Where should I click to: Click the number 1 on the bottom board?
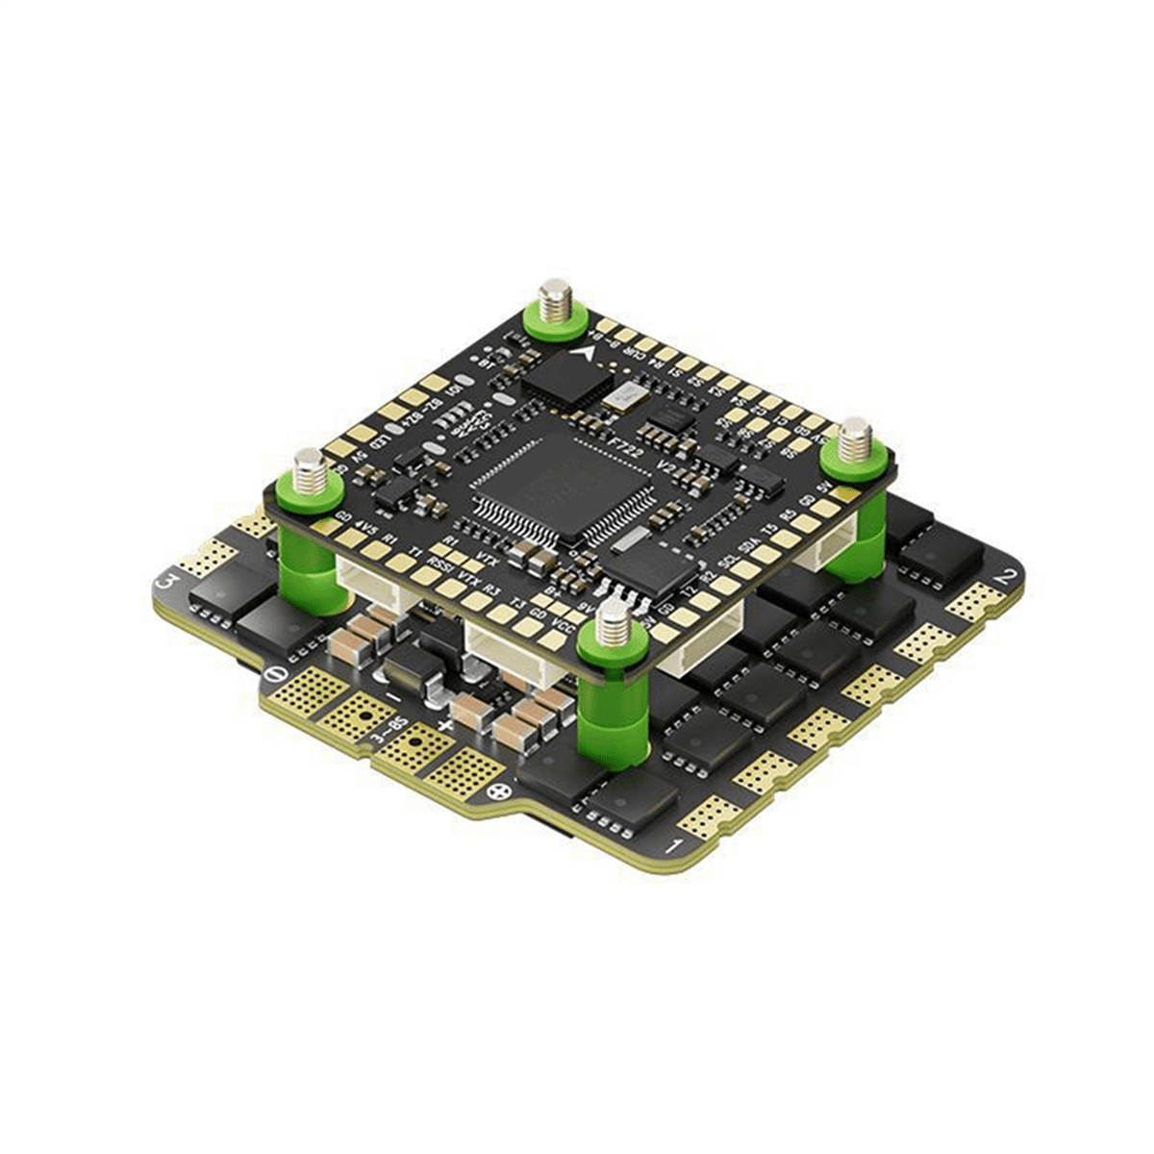pos(678,845)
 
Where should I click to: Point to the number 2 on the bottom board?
pos(1007,577)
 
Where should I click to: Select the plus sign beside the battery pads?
pos(443,723)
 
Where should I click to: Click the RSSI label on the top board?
pos(440,563)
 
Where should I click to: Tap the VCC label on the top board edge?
pos(555,637)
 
